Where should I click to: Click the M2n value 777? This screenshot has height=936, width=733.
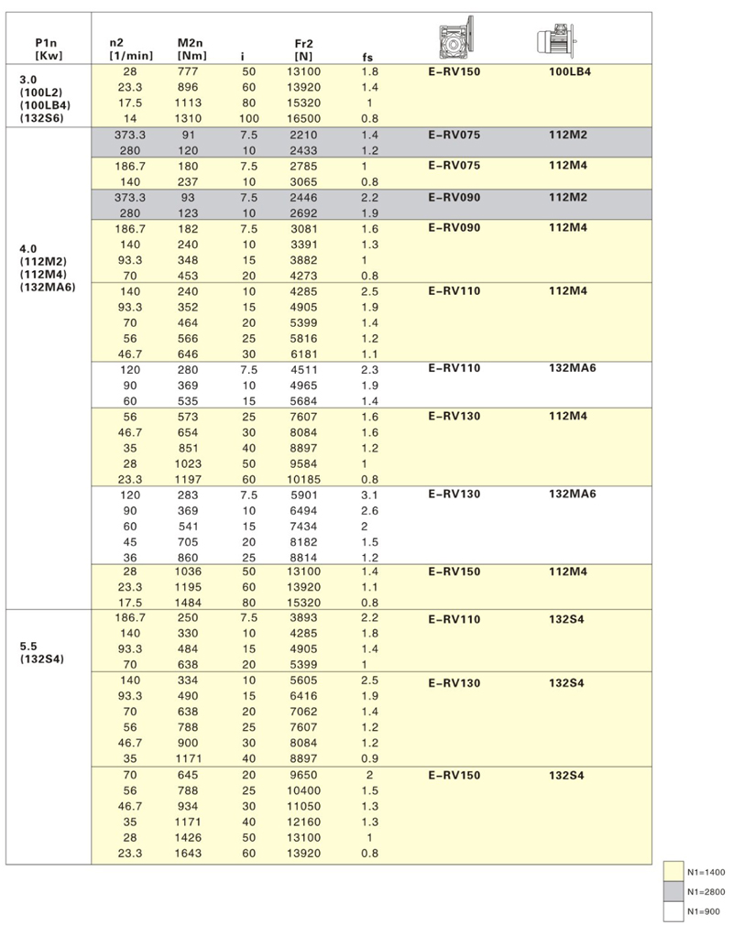point(189,71)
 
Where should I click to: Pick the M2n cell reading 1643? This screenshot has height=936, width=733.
point(189,854)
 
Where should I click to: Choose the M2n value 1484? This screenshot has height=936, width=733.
point(189,603)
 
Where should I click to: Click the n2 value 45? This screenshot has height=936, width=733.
point(128,540)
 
